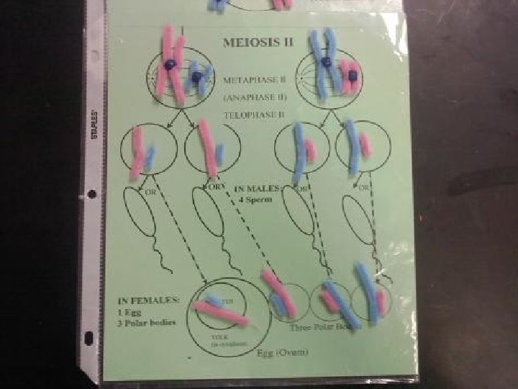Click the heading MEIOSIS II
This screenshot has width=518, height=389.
[258, 42]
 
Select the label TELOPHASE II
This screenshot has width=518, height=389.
[254, 115]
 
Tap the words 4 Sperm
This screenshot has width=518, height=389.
[255, 200]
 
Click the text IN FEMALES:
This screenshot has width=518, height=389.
[149, 300]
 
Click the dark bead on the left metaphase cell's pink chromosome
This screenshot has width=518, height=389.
[169, 65]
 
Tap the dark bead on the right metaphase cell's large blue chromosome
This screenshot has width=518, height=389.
[326, 63]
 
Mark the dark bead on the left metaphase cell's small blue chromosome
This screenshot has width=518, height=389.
[195, 76]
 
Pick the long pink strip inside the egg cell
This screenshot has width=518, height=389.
[220, 313]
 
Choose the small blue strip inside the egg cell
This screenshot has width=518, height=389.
[214, 300]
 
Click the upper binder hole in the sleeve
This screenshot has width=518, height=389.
[91, 193]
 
